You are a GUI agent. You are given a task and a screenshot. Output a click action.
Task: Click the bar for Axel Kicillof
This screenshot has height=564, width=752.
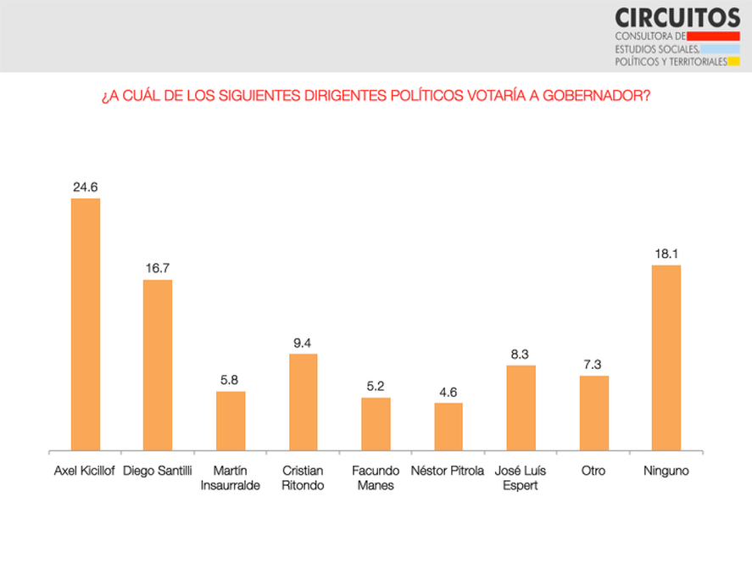86,324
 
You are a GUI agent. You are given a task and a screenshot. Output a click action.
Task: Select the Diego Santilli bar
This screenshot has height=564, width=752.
158,365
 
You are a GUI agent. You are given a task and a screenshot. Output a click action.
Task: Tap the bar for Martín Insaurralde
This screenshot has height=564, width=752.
231,421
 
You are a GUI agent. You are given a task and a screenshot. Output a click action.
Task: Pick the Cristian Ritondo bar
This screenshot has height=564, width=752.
303,402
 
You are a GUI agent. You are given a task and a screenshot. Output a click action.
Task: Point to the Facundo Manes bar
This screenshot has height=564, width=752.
376,423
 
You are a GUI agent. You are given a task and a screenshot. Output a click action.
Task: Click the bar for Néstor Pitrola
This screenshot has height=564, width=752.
448,427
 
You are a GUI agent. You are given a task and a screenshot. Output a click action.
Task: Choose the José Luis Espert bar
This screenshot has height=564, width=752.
521,407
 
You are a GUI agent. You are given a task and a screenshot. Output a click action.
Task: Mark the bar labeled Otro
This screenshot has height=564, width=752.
593,412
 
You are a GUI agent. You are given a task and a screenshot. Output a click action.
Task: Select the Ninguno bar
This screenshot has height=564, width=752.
666,357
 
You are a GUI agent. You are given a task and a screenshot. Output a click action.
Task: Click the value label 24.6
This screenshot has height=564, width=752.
86,187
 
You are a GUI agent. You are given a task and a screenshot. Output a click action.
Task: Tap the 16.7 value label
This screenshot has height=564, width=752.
158,268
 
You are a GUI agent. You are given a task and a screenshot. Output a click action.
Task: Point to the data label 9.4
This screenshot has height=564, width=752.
303,343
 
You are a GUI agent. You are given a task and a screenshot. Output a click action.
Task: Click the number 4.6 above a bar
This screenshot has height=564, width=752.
448,392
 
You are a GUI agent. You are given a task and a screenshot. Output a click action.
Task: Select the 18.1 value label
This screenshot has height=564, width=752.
666,254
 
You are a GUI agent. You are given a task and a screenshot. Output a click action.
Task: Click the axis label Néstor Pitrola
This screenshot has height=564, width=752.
448,471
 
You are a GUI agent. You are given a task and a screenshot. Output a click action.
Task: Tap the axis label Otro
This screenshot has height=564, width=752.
593,471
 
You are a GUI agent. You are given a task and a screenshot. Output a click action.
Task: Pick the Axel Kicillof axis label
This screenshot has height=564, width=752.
85,471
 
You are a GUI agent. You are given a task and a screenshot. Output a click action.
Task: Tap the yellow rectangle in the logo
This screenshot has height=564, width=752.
735,62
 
